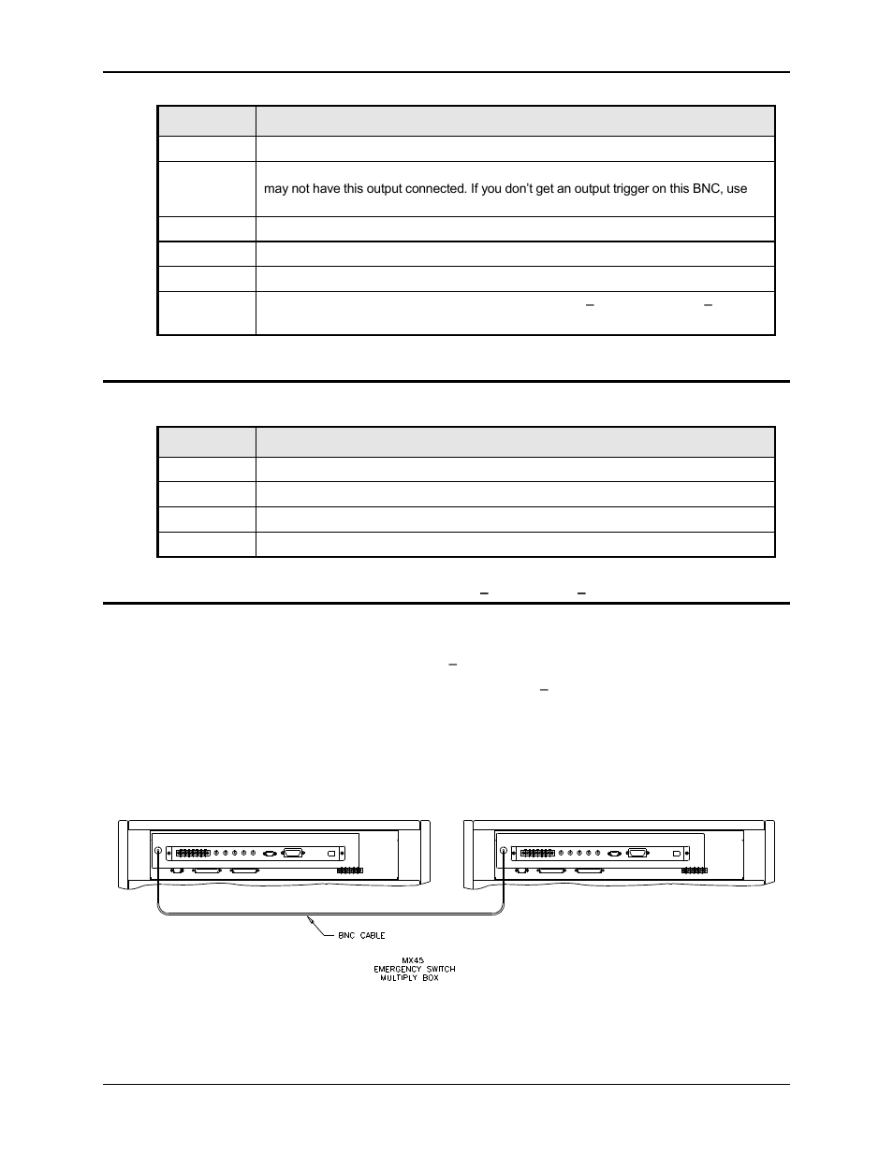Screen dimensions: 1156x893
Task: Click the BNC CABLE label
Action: coord(361,935)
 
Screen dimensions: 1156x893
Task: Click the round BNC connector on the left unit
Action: coord(157,852)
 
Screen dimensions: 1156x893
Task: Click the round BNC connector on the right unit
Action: coord(504,852)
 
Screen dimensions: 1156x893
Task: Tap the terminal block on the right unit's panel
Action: coord(537,854)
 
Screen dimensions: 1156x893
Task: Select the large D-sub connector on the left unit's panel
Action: coord(293,853)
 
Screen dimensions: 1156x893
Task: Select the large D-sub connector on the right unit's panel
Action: coord(639,853)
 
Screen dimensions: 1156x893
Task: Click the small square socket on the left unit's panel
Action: coord(331,854)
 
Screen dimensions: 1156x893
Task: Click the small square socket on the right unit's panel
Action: coord(678,854)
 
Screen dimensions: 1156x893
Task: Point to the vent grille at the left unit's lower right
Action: coord(348,871)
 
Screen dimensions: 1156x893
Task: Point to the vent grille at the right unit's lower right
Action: coord(694,871)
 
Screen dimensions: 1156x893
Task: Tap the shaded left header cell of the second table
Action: coord(207,443)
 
